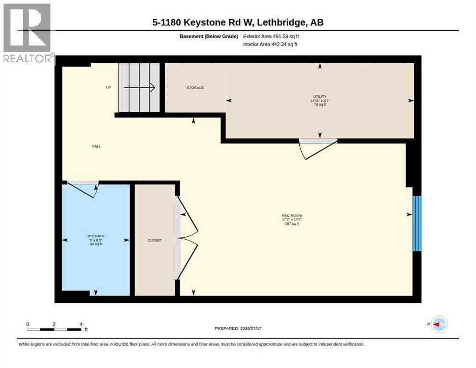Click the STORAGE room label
(x=195, y=88)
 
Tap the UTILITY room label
(x=320, y=96)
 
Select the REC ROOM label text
(x=292, y=216)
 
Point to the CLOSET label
(x=155, y=240)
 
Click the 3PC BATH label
(x=96, y=236)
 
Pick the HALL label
(x=96, y=146)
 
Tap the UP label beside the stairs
(x=108, y=87)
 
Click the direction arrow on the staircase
(x=139, y=88)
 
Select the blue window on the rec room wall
(x=417, y=223)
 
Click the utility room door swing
(x=317, y=149)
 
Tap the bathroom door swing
(x=82, y=189)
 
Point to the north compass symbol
(x=439, y=324)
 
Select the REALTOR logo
(x=27, y=33)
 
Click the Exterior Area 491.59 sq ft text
(x=271, y=36)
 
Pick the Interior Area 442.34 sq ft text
(x=270, y=45)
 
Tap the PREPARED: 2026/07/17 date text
(x=238, y=329)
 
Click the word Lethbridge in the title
(x=281, y=22)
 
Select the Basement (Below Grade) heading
(x=209, y=36)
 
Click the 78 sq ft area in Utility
(x=320, y=104)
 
